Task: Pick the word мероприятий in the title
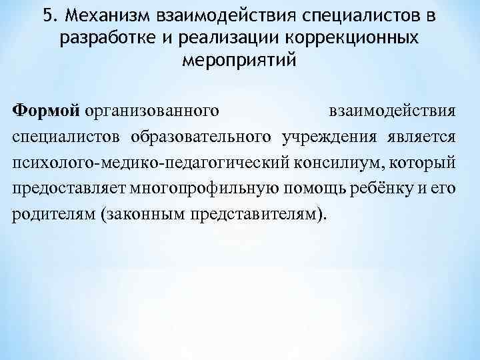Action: click(x=239, y=62)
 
